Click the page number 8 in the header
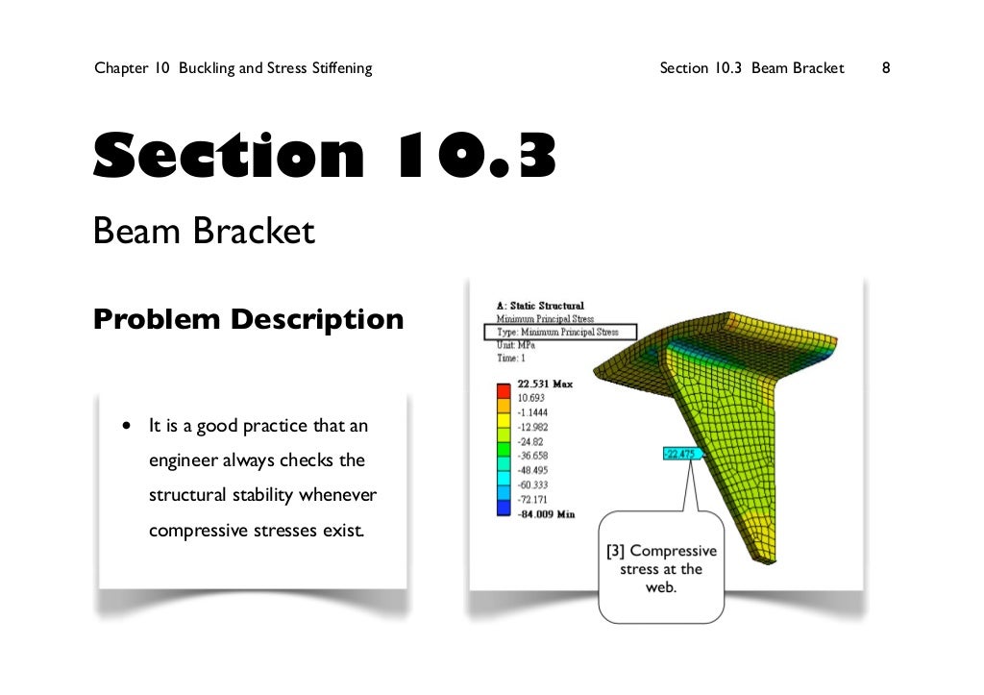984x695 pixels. pyautogui.click(x=886, y=68)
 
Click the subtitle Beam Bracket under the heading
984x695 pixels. pyautogui.click(x=204, y=232)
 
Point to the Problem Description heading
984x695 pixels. pyautogui.click(x=248, y=318)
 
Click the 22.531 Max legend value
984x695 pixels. pyautogui.click(x=545, y=384)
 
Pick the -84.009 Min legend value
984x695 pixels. pyautogui.click(x=546, y=514)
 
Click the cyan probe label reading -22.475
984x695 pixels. pyautogui.click(x=682, y=454)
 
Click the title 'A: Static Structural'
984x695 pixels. pyautogui.click(x=540, y=306)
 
